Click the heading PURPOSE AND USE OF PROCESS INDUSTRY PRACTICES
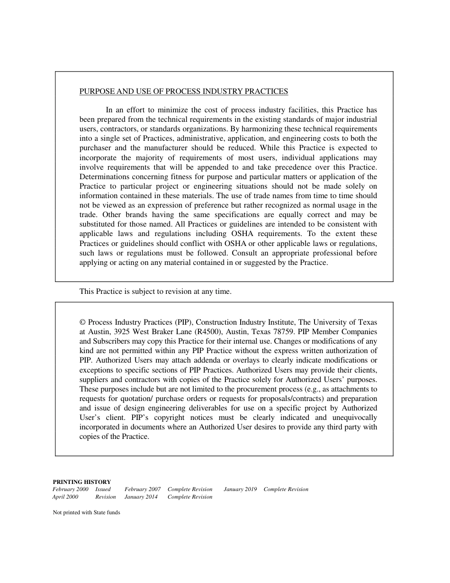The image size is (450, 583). tap(183, 91)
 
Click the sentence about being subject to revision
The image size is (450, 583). tap(155, 291)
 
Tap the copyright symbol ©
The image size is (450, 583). tap(82, 322)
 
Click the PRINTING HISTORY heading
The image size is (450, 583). tap(81, 482)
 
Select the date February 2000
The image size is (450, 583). tap(70, 489)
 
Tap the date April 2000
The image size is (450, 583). tap(65, 497)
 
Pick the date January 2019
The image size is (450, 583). tap(240, 489)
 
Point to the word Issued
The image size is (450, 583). tap(103, 489)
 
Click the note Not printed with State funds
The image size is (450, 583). tap(86, 512)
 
